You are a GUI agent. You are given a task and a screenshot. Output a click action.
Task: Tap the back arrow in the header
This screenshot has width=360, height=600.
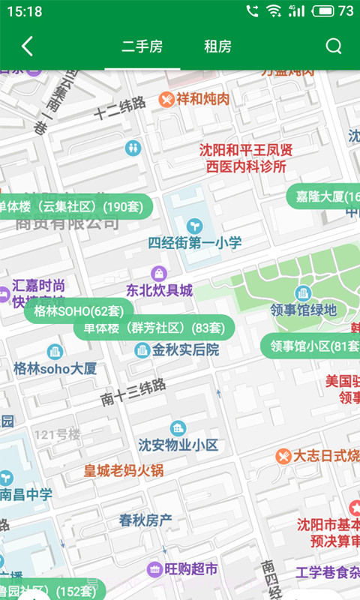point(27,46)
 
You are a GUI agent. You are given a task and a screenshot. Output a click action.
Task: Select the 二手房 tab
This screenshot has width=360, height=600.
point(142,46)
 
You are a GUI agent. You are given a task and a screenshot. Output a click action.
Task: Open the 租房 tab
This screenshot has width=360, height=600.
point(217,46)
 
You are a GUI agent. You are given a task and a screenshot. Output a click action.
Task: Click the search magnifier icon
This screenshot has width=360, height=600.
point(334,46)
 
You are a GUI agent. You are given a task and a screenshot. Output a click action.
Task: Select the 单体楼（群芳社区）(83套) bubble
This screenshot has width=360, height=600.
point(154,328)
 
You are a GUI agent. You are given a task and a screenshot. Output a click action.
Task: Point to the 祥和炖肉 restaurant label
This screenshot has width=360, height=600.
point(195,98)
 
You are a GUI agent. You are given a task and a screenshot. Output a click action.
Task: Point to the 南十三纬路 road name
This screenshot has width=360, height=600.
point(133,391)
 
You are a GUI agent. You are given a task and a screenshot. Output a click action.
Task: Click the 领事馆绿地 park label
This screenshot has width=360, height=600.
point(304,309)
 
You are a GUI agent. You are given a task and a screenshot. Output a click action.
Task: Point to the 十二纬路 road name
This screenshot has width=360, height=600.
point(120,109)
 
